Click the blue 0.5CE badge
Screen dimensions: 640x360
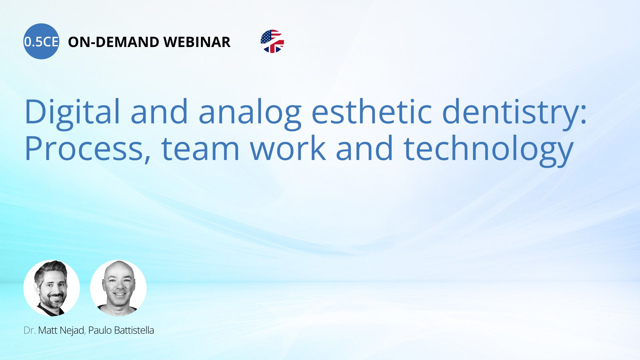[41, 41]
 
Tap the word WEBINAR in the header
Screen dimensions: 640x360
[197, 42]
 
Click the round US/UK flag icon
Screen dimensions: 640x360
[272, 41]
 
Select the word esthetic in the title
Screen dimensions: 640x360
[372, 112]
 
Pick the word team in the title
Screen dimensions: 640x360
[200, 149]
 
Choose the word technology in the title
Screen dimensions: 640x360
[488, 150]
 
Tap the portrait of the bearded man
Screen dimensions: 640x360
[52, 288]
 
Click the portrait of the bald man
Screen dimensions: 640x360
[118, 288]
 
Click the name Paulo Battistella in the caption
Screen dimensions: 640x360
[121, 330]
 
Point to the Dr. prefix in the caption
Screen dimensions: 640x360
[29, 330]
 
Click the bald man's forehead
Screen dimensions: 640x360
[119, 272]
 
